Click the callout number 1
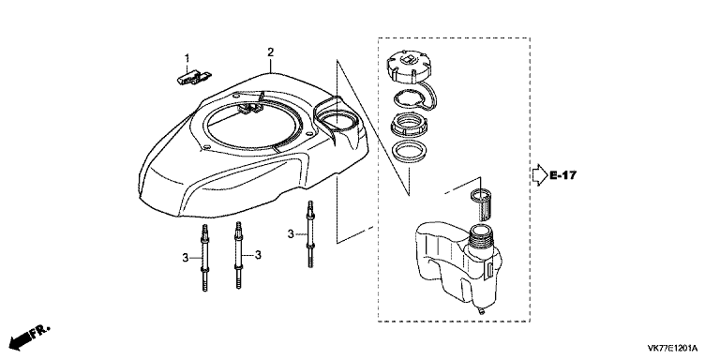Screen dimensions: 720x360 coord(187,58)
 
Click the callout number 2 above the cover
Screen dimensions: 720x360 coord(270,52)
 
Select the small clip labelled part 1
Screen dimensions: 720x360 coord(194,77)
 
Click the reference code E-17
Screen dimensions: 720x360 coord(562,175)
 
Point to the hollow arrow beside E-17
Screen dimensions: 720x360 coord(540,175)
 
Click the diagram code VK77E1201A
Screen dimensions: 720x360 coord(673,348)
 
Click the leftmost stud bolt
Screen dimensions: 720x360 coord(204,258)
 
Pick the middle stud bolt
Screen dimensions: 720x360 coord(239,255)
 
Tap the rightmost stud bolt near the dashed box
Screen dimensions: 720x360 coord(311,234)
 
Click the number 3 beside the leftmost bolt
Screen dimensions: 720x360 coord(185,258)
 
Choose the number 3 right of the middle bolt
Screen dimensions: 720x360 coord(258,254)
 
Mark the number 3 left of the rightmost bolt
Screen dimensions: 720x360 coord(291,234)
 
